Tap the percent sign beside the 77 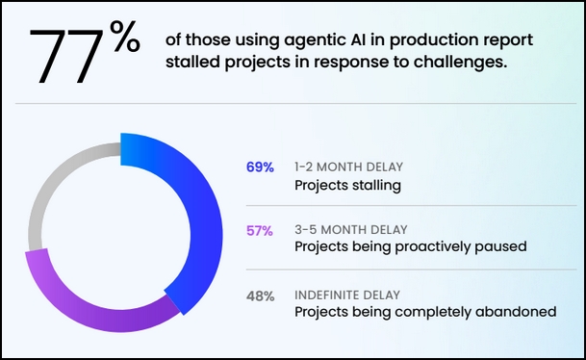125,37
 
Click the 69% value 260,167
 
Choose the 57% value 260,231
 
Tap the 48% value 261,296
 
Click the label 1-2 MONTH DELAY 348,167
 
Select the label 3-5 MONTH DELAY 351,229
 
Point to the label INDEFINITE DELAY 347,295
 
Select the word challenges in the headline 460,63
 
